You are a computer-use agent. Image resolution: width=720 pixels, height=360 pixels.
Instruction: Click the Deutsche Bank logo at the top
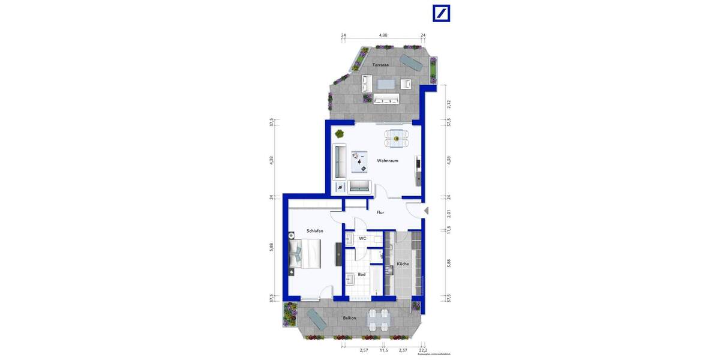point(442,14)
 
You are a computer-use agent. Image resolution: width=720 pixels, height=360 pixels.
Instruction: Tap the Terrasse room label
point(380,65)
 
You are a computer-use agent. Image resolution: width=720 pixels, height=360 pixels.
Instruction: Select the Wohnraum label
point(388,161)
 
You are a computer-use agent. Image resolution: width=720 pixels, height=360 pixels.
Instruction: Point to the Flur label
point(380,212)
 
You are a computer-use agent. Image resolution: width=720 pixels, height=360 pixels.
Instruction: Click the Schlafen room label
point(315,231)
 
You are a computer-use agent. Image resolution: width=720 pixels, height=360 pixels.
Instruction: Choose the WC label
point(362,239)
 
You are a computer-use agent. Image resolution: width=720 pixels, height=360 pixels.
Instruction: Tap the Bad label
point(361,275)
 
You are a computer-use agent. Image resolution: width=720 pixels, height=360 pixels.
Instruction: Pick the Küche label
point(403,264)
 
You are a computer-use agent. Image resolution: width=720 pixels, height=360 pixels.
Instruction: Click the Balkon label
point(349,318)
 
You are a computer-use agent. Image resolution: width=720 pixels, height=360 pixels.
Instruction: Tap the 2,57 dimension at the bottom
point(363,350)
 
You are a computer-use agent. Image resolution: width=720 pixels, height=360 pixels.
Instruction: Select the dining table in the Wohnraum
point(395,138)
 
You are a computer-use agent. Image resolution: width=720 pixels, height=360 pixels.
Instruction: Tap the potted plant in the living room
point(340,133)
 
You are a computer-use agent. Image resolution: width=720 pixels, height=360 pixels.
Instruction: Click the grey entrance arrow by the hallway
point(426,211)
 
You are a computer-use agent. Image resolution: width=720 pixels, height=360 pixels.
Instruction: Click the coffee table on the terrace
point(386,83)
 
